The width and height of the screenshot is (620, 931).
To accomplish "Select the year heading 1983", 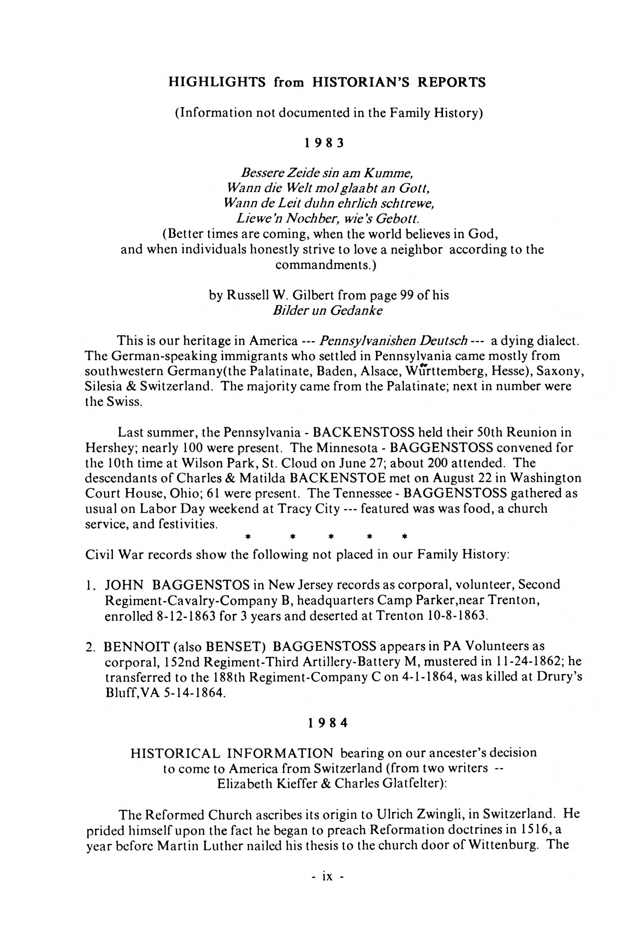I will [324, 143].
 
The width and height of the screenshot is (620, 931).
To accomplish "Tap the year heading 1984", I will [328, 723].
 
